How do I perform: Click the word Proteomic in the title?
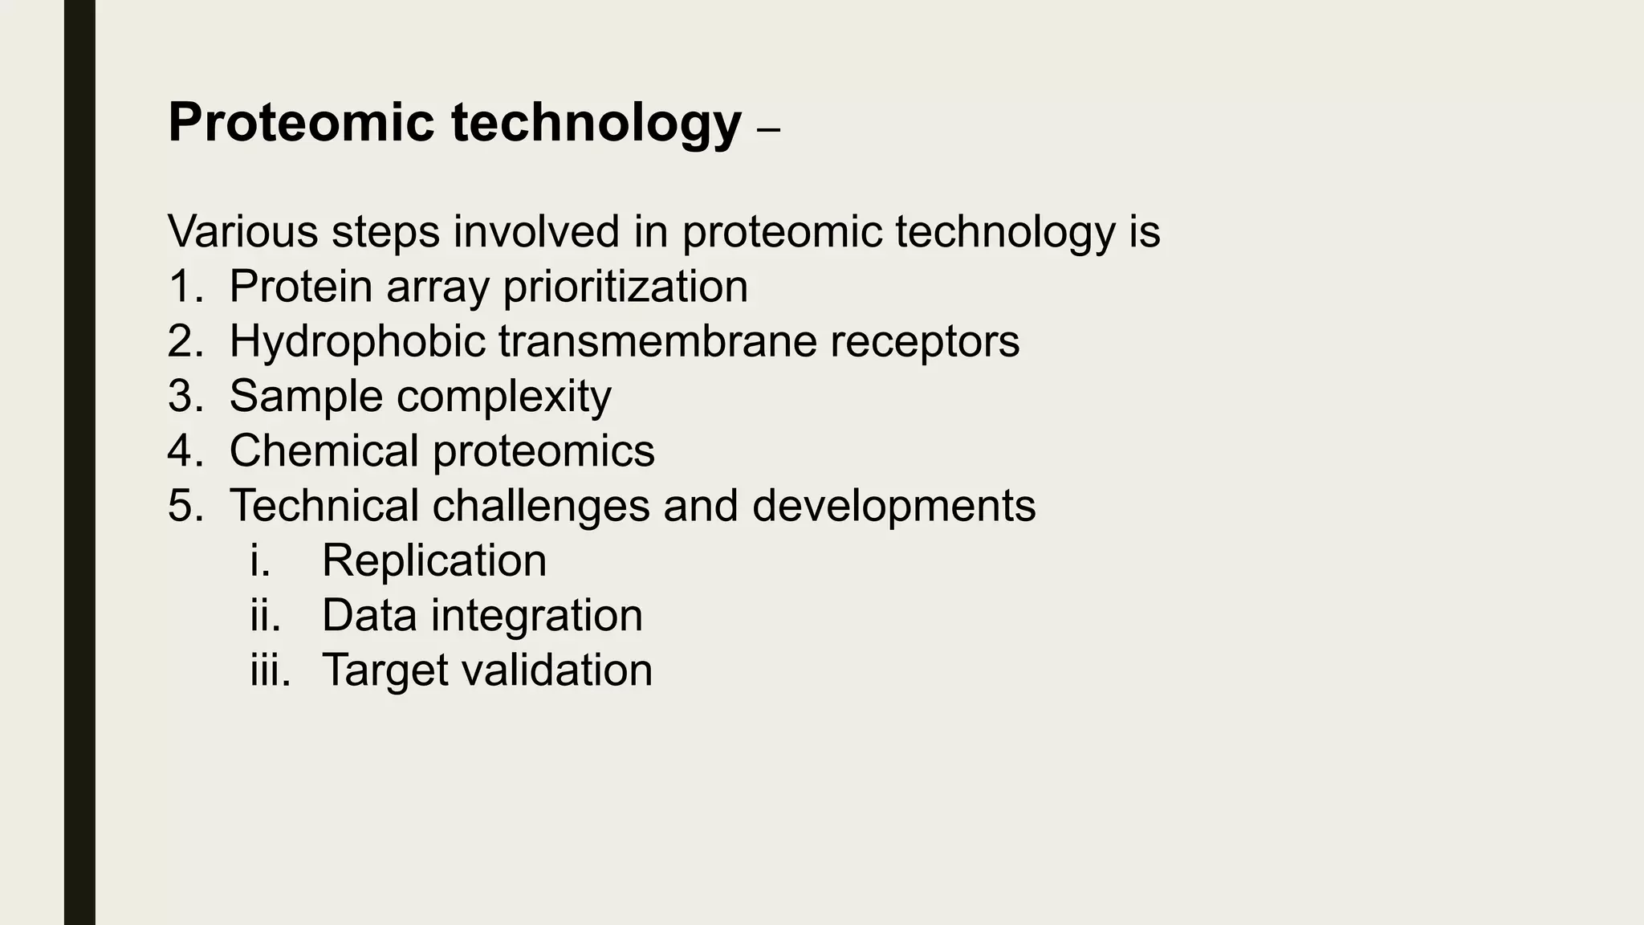pos(300,123)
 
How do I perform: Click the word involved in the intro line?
pos(536,231)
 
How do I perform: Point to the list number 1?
pos(185,287)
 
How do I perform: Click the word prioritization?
pos(625,287)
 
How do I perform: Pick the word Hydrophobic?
pos(357,341)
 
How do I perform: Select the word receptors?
pos(925,341)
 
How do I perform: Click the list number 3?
pos(185,396)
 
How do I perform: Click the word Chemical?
pos(324,450)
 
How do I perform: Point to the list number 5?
pos(185,506)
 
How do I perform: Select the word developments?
pos(893,506)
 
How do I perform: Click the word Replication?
pos(433,560)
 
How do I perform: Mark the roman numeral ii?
pos(265,615)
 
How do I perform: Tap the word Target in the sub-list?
pos(385,670)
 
